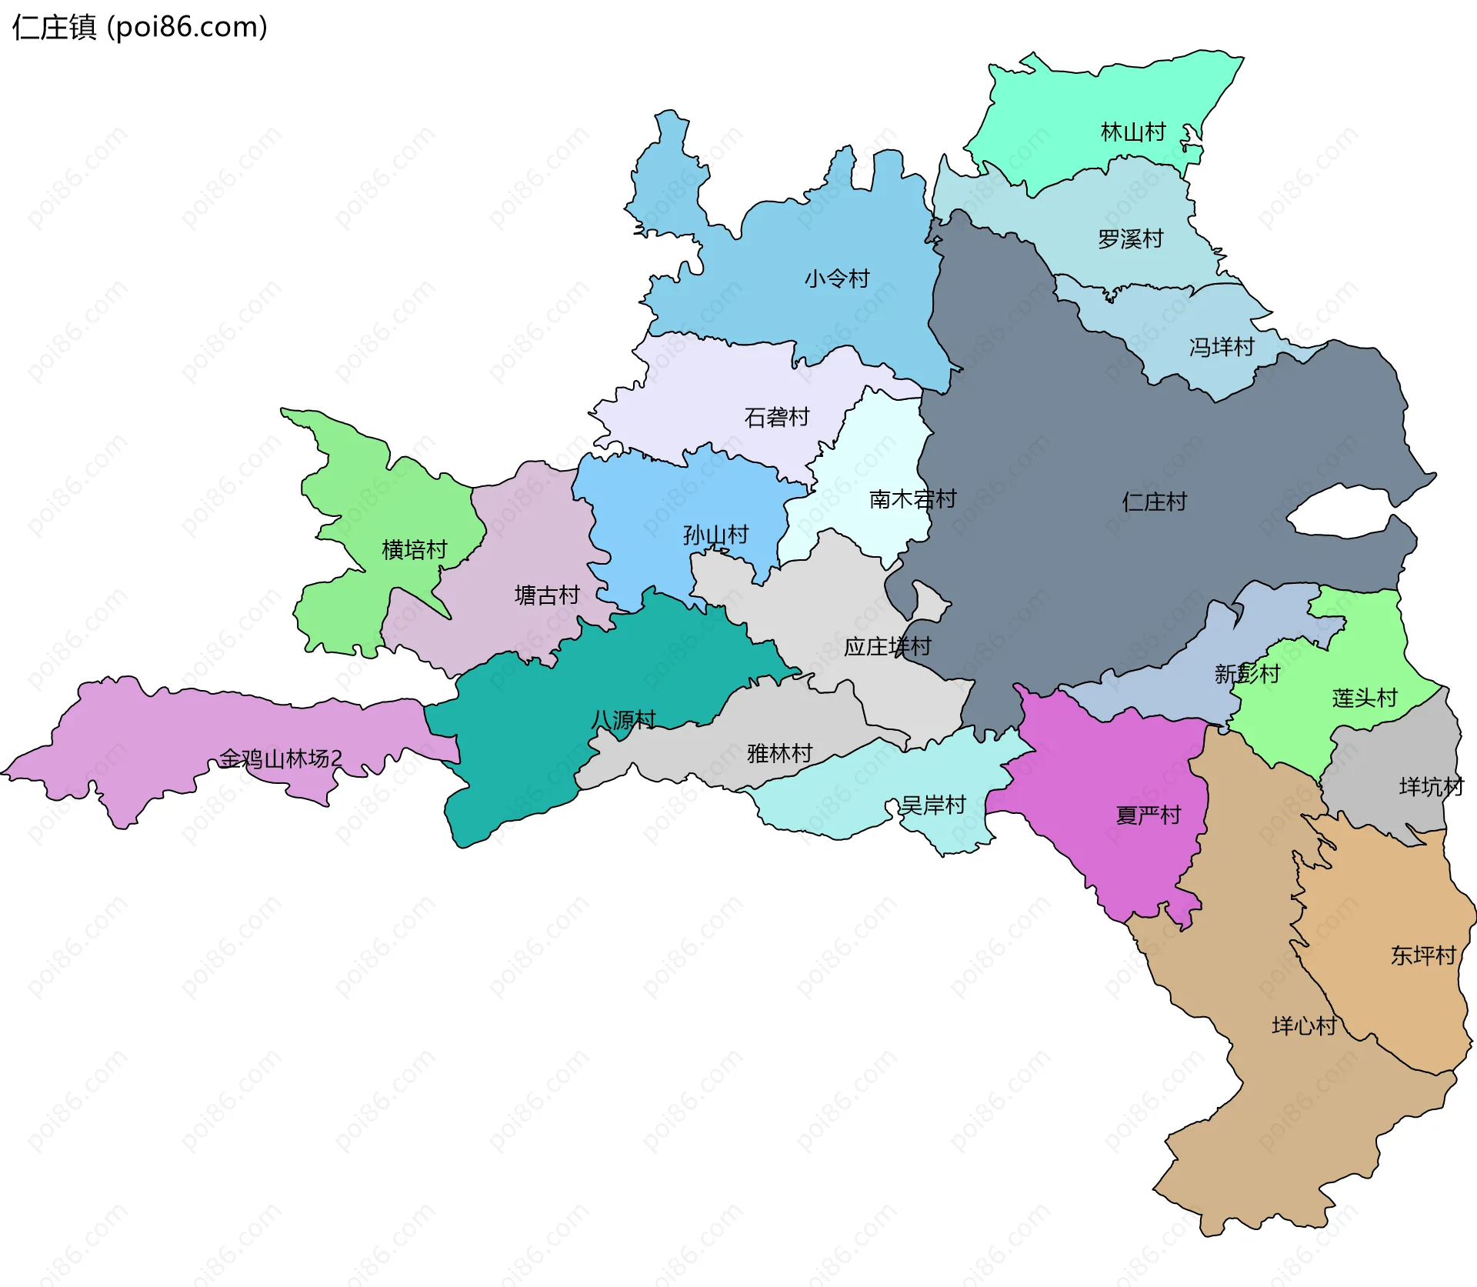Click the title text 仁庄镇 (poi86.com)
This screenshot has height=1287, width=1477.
(140, 28)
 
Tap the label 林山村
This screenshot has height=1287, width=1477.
(1133, 132)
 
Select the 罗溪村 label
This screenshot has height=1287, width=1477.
(1130, 239)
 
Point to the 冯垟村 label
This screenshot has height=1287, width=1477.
(1222, 347)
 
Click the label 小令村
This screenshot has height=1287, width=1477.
(837, 278)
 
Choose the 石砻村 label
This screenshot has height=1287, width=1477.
(777, 418)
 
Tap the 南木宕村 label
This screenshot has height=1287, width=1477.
(912, 499)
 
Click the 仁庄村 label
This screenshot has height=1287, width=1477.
(1154, 502)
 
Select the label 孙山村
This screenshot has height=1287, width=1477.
(715, 535)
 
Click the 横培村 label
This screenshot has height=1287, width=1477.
(415, 550)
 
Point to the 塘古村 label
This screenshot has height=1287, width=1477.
(547, 595)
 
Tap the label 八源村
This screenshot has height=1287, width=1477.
(623, 720)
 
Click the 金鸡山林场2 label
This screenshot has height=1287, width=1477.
(281, 759)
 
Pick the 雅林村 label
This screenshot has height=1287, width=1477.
(779, 754)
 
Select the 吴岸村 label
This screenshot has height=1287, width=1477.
(933, 805)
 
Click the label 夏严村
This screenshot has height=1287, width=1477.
(1148, 815)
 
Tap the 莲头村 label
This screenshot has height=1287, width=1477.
(1365, 699)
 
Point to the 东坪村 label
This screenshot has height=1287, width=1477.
(1423, 955)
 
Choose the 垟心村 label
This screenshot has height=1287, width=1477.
(1304, 1025)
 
